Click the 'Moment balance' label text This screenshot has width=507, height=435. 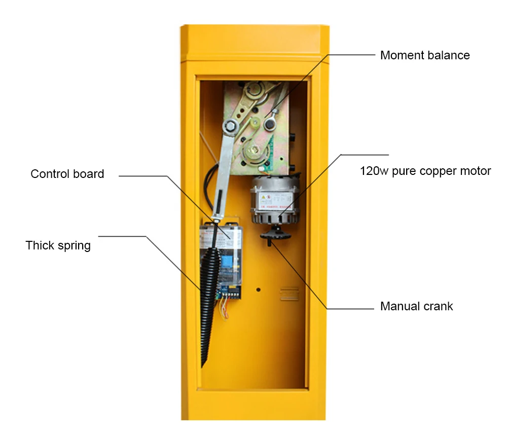[x=425, y=55]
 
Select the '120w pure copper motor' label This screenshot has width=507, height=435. [x=425, y=171]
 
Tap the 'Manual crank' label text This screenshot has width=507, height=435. [x=416, y=306]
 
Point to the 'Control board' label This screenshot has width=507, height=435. [x=67, y=174]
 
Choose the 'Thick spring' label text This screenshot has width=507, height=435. [x=58, y=245]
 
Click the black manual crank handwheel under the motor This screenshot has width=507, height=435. [x=274, y=235]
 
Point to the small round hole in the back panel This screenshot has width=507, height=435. [x=258, y=290]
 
